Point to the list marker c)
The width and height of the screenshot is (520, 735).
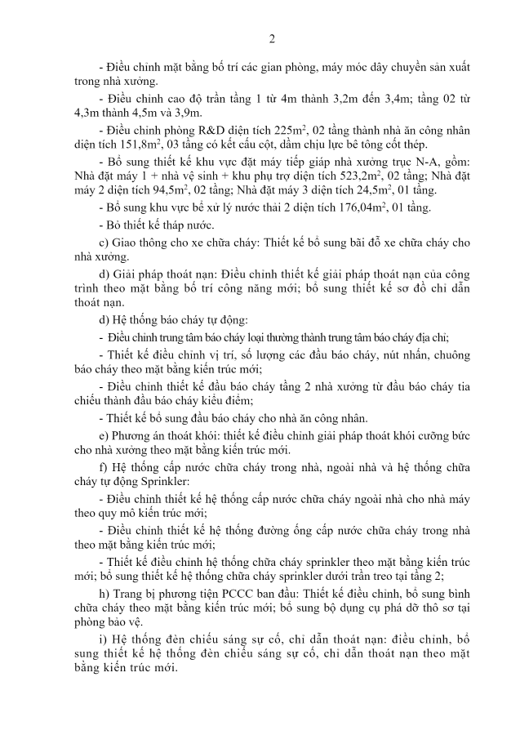pyautogui.click(x=103, y=243)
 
